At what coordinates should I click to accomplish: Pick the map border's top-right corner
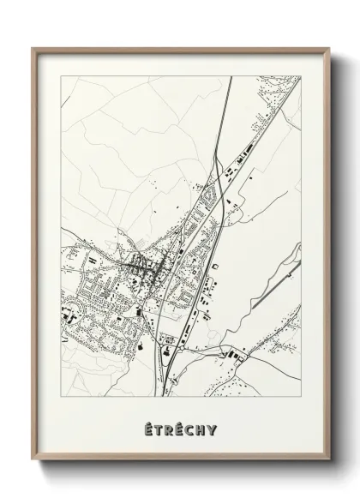(301, 76)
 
